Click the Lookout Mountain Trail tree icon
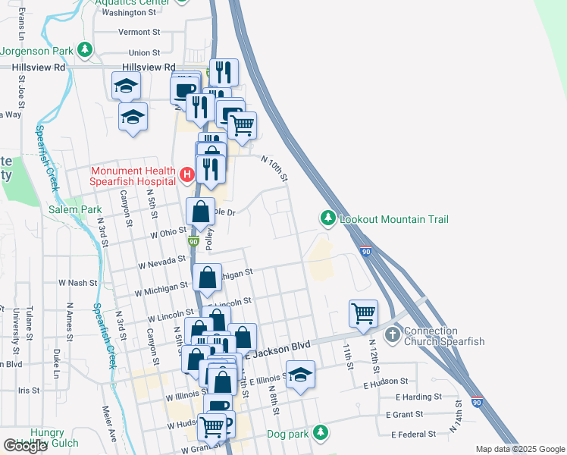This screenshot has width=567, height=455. coord(327,219)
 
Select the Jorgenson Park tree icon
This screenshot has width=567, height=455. coord(85,51)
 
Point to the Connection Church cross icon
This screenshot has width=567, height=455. coord(393,334)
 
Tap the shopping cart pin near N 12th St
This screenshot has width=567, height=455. coord(363,312)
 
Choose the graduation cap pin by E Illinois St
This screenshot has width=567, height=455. coord(300,375)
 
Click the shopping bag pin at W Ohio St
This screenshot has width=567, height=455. coord(201,212)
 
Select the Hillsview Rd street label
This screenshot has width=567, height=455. coord(39,67)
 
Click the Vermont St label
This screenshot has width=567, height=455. coord(139,33)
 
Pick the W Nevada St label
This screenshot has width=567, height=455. coord(161,263)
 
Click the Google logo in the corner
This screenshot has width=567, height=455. coord(25,446)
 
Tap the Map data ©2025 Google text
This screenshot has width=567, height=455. coord(520,449)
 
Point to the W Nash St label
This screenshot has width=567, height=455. coord(78,283)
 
